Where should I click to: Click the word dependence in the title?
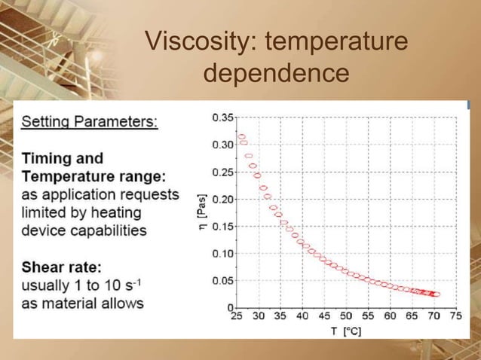[277, 74]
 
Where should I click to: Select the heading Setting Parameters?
[90, 122]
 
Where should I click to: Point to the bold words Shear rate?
[62, 267]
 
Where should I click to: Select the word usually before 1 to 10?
[46, 285]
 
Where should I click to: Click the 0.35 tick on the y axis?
[222, 117]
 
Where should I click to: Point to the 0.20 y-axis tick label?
[222, 200]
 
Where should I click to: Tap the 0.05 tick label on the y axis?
[222, 281]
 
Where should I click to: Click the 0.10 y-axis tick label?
[222, 254]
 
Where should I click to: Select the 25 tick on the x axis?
[236, 316]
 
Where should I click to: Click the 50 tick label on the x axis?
[346, 316]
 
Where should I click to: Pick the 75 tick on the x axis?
[456, 316]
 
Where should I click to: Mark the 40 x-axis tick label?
[302, 316]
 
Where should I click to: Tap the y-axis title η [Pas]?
[202, 213]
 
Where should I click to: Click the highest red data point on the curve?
[241, 137]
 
